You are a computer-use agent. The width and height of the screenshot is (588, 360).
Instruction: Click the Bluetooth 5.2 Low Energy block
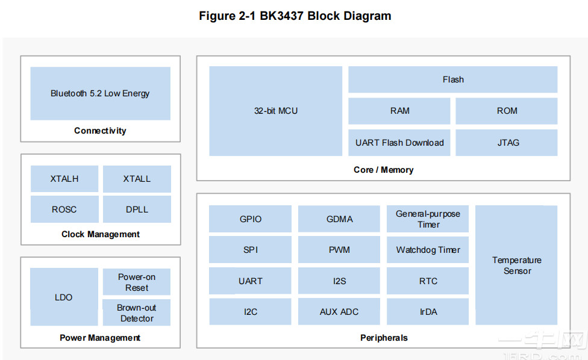pos(100,93)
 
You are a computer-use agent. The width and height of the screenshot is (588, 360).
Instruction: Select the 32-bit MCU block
pos(276,111)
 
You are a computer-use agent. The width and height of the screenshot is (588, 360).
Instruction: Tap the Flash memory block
pos(452,79)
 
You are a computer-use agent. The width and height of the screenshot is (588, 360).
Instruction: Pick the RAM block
pos(399,111)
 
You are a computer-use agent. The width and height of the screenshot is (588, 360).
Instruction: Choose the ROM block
pos(506,111)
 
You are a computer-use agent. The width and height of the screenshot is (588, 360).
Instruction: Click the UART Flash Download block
pos(399,143)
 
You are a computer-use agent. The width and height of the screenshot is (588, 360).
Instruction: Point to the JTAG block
pos(506,143)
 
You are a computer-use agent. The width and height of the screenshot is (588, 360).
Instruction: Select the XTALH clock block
pos(64,179)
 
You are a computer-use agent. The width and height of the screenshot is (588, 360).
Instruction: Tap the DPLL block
pos(137,209)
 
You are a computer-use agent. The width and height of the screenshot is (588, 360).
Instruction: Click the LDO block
pos(64,297)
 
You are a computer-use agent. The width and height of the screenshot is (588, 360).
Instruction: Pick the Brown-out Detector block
pos(137,312)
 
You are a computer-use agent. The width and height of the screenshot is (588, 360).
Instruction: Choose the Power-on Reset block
pos(137,282)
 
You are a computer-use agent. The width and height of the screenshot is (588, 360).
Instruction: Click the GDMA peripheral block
pos(339,219)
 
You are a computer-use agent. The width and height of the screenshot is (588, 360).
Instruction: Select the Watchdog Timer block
pos(428,249)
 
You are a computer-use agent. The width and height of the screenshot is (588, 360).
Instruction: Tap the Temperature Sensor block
pos(516,265)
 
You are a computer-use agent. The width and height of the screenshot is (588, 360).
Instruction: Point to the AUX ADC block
pos(339,311)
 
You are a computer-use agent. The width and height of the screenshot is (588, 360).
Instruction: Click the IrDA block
pos(428,311)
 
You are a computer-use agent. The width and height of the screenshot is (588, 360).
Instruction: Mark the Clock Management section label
pos(101,234)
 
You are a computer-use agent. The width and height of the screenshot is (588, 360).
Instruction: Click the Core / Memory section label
pos(383,170)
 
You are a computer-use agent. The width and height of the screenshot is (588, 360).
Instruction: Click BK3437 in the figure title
pos(281,16)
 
